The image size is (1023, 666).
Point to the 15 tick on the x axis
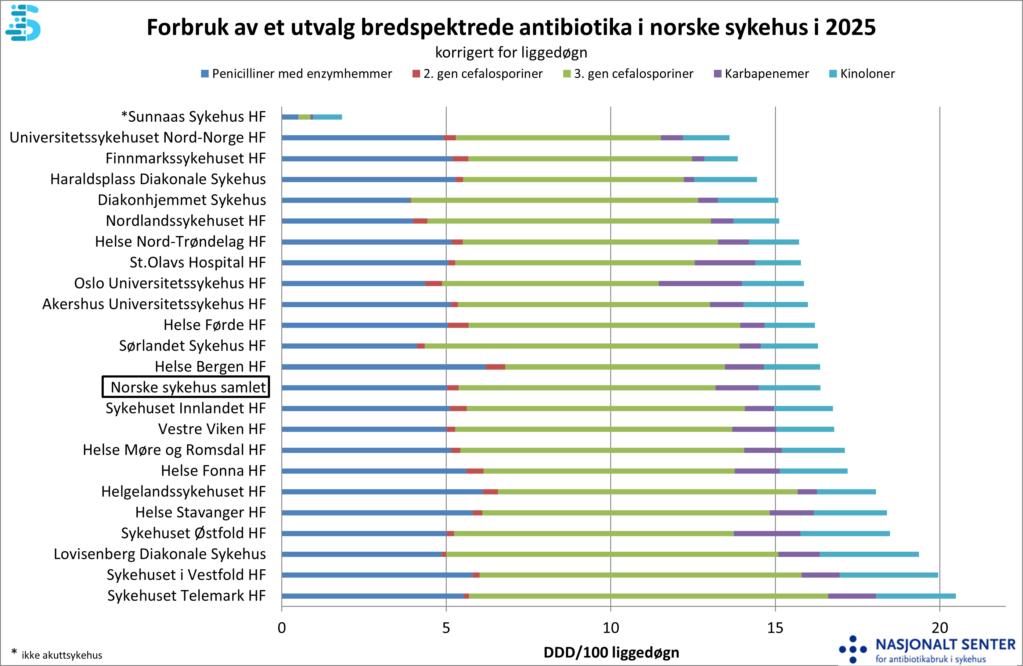(775, 628)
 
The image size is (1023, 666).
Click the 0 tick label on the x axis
(282, 628)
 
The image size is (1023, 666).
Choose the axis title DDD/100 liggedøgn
(611, 652)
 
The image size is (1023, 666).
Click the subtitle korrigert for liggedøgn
(511, 52)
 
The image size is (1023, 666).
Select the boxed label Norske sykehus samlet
(186, 387)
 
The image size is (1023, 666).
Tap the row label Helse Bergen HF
(210, 367)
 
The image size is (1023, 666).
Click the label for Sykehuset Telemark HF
(186, 596)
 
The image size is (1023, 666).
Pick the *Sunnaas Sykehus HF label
(193, 116)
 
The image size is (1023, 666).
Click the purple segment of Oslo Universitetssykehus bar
(700, 284)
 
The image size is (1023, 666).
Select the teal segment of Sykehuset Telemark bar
(916, 596)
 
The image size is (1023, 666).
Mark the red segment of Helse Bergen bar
(495, 367)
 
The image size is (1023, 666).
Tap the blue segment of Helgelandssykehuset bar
(382, 492)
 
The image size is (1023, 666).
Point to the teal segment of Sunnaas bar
(328, 117)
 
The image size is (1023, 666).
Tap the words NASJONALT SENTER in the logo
(945, 645)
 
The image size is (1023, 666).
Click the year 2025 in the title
(850, 27)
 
